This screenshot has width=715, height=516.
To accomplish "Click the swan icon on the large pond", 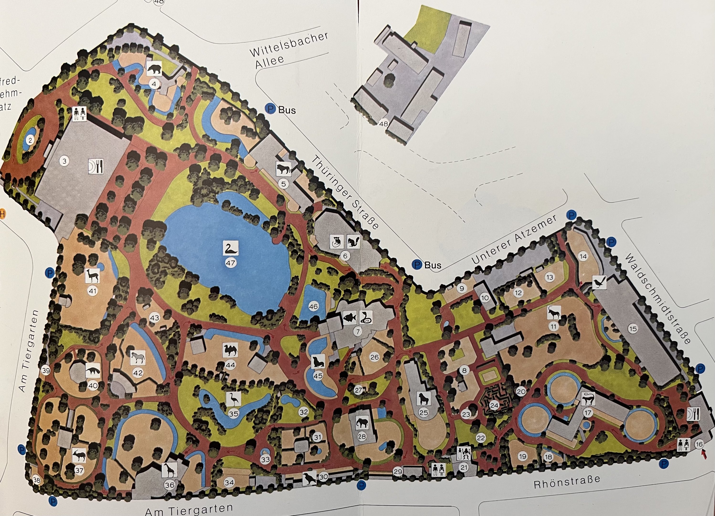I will click(x=231, y=248).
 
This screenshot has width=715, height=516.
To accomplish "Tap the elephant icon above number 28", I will click(x=362, y=423).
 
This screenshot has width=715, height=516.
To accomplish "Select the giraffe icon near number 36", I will click(x=169, y=470).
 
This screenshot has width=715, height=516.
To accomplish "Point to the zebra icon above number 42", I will click(x=138, y=358).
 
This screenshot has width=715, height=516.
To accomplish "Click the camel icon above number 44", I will click(x=230, y=350).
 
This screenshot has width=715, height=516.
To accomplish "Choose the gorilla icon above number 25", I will click(x=423, y=399).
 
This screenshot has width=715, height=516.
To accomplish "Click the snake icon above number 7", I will click(x=366, y=317).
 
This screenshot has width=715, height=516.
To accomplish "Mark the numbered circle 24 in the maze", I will click(x=494, y=405).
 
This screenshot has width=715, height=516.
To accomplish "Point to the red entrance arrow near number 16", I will click(x=704, y=454).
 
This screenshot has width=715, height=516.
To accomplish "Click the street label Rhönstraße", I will click(x=567, y=483).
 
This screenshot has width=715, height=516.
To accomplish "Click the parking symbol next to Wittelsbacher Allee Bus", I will click(x=270, y=109).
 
